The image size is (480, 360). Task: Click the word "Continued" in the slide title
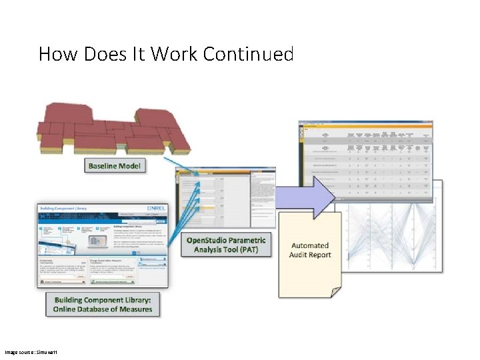click(x=248, y=53)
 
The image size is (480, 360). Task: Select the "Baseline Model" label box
click(x=114, y=165)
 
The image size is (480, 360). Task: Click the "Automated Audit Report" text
click(x=310, y=250)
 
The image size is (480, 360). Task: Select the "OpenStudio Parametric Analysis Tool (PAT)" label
click(x=226, y=245)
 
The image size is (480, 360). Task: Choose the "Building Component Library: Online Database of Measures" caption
click(x=103, y=305)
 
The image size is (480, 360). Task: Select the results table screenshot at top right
click(x=365, y=160)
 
